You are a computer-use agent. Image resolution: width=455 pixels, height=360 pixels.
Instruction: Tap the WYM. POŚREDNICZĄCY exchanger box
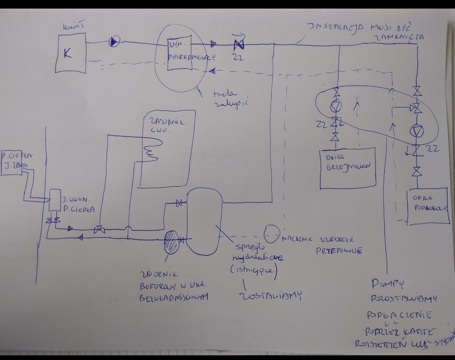click(180, 57)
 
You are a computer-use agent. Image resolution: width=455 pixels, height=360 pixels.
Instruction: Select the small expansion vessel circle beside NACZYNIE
click(271, 233)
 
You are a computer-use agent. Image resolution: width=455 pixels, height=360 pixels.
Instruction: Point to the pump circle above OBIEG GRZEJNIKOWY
click(336, 106)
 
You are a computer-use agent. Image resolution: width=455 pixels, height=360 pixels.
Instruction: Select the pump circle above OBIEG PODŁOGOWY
click(417, 131)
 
